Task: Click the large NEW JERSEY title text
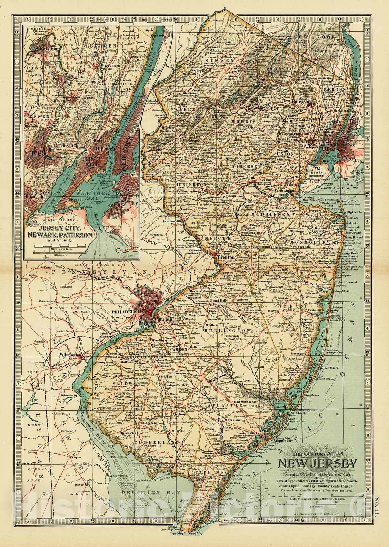point(318,464)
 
